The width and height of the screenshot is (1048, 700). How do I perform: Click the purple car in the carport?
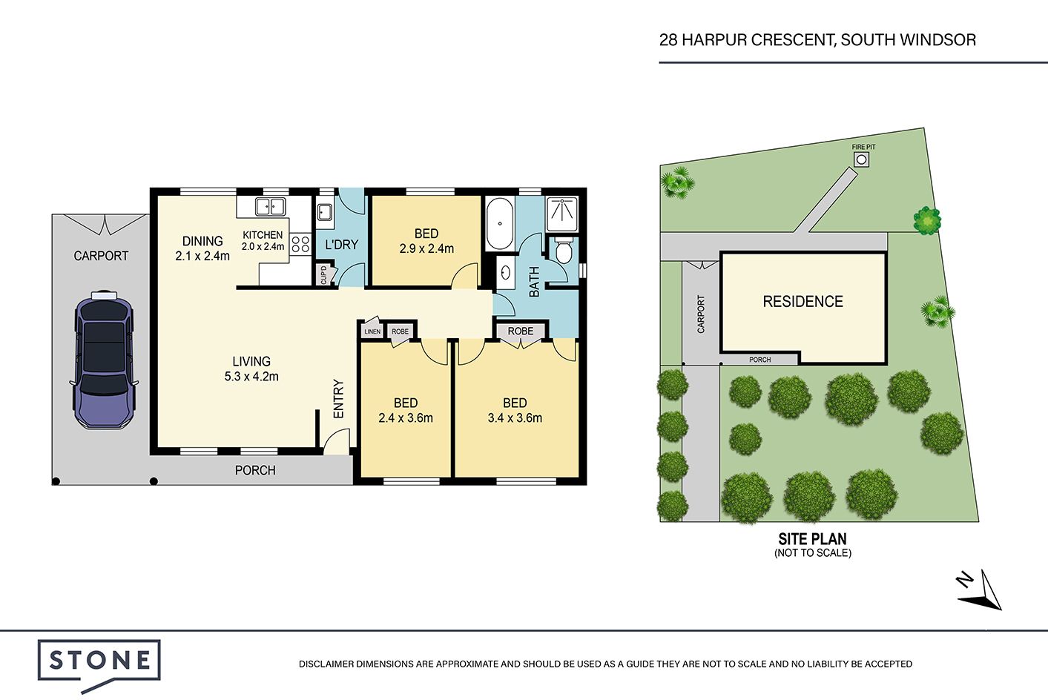point(104,359)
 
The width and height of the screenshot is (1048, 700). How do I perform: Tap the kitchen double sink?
point(271,206)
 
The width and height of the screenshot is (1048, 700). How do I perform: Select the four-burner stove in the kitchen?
point(300,245)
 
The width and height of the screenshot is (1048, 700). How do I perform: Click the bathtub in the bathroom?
point(500,224)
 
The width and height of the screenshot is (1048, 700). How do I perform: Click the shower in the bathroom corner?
point(562,214)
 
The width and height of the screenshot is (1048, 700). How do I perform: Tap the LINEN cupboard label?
point(372,331)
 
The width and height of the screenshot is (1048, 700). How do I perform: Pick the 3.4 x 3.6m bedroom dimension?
point(515,418)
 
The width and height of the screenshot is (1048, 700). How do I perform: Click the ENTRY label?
point(338,398)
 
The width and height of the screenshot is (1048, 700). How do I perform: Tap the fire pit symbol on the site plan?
point(862,160)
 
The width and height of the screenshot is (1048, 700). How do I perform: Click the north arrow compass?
point(981,591)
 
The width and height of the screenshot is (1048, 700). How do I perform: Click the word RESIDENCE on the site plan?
point(803,302)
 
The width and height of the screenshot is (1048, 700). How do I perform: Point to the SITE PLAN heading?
point(813,539)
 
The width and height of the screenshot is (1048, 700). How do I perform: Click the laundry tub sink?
point(324,212)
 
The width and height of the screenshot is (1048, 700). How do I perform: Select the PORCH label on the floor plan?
point(255,470)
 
